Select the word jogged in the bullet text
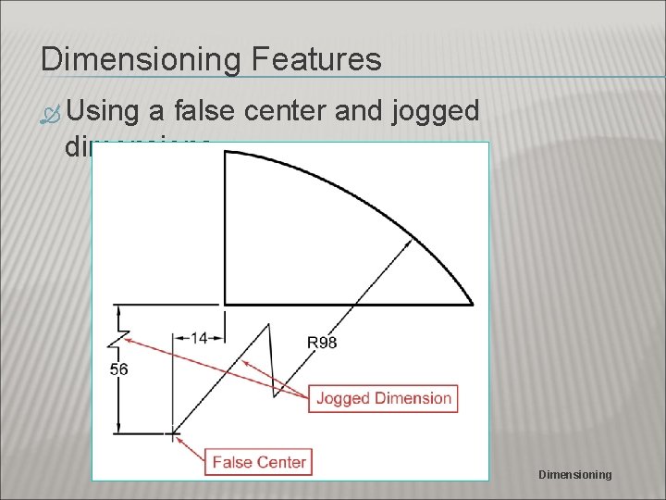click(x=436, y=113)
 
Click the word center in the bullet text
click(x=299, y=112)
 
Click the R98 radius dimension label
click(x=321, y=343)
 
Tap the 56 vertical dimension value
click(x=118, y=369)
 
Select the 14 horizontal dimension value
click(x=198, y=338)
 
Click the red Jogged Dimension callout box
click(x=384, y=399)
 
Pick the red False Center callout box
click(x=259, y=461)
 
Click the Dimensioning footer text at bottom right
click(x=574, y=475)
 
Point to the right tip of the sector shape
click(x=473, y=303)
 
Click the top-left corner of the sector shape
click(x=226, y=153)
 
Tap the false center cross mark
click(x=174, y=432)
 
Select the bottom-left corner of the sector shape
click(x=226, y=304)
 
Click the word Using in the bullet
click(x=102, y=112)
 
